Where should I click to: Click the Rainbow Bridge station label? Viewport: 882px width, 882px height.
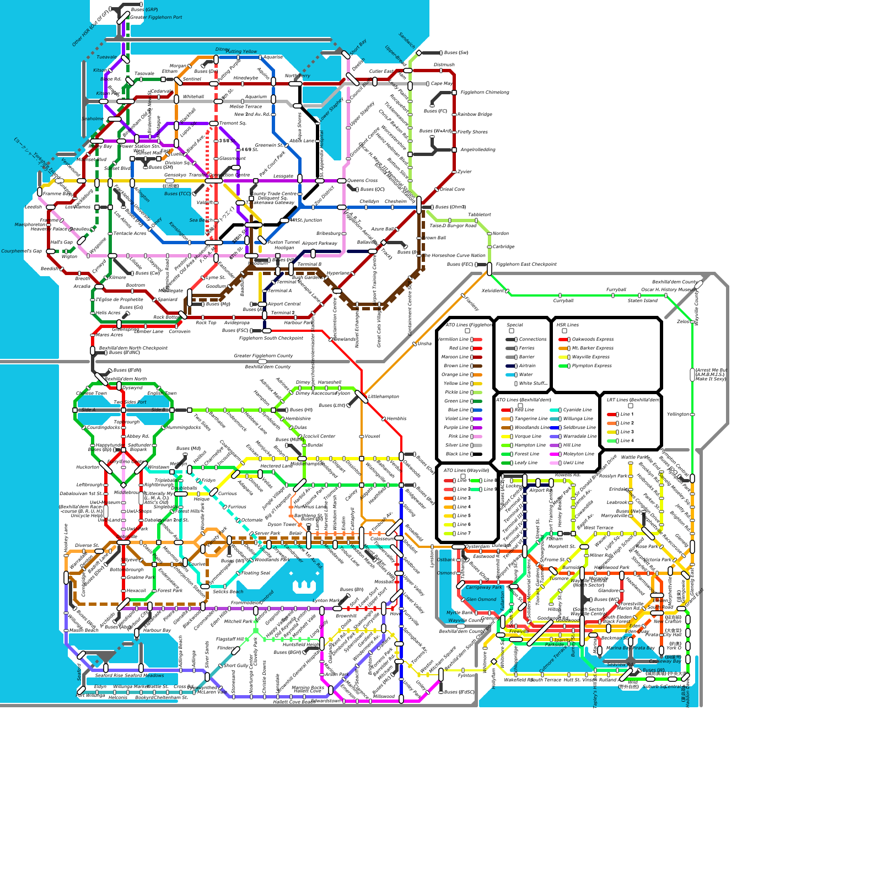(x=475, y=115)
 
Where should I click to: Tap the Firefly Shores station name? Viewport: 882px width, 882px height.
(x=472, y=132)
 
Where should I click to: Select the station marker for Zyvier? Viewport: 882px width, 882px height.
(x=454, y=172)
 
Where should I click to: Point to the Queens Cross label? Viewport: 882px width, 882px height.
(x=362, y=181)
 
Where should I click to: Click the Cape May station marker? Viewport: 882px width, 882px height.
(x=428, y=84)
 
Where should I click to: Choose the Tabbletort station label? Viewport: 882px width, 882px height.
(x=479, y=215)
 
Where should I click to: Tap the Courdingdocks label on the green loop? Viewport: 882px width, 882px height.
(x=104, y=428)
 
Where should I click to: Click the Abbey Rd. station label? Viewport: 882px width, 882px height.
(x=138, y=437)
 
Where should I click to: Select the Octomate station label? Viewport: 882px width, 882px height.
(x=252, y=520)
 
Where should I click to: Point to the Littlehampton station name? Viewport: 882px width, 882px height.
(x=383, y=397)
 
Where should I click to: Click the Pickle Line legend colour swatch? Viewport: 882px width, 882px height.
(x=476, y=392)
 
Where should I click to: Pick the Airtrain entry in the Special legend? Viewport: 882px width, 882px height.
(x=527, y=366)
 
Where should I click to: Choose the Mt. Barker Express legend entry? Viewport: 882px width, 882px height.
(x=593, y=348)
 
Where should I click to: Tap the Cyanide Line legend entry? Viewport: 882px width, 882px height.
(x=577, y=410)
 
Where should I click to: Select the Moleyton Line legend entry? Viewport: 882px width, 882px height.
(x=578, y=454)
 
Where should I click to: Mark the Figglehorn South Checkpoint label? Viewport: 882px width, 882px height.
(x=271, y=338)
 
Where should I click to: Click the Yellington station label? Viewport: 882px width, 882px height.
(x=677, y=415)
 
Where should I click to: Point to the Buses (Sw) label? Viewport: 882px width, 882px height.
(x=456, y=53)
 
